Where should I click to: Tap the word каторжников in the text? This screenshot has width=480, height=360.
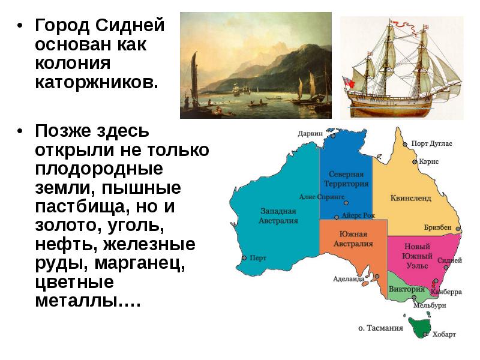[97, 82]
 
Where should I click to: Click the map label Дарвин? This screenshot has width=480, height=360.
[310, 134]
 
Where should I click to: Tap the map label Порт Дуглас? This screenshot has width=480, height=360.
[431, 144]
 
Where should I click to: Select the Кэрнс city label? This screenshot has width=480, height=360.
[430, 162]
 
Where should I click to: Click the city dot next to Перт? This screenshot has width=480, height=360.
[244, 258]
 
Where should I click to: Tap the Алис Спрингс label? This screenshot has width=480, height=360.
[321, 196]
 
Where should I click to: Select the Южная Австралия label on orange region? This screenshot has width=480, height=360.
[356, 239]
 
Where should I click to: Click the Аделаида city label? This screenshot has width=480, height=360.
[349, 278]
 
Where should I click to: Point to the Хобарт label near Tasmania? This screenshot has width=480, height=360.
[445, 334]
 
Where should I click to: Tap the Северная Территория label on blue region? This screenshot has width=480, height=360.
[346, 179]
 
